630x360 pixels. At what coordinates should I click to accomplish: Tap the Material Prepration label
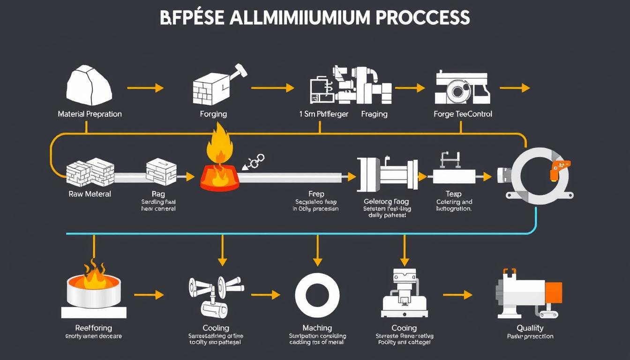pyautogui.click(x=90, y=114)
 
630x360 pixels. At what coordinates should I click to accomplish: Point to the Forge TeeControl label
pyautogui.click(x=463, y=114)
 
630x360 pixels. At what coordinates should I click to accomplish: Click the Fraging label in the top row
pyautogui.click(x=374, y=114)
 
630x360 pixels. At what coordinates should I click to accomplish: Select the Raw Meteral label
pyautogui.click(x=89, y=194)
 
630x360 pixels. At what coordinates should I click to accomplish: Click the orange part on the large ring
pyautogui.click(x=561, y=166)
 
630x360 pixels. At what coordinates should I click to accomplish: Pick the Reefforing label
pyautogui.click(x=94, y=328)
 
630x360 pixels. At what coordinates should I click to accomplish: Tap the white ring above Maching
pyautogui.click(x=317, y=295)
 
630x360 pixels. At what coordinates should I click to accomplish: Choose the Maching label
pyautogui.click(x=317, y=328)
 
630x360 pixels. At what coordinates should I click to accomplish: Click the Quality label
pyautogui.click(x=530, y=328)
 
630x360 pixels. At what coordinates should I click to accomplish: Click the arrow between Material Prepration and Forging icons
pyautogui.click(x=145, y=88)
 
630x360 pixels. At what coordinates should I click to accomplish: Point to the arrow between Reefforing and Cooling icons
pyautogui.click(x=149, y=295)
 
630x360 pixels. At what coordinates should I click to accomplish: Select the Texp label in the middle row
pyautogui.click(x=453, y=194)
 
